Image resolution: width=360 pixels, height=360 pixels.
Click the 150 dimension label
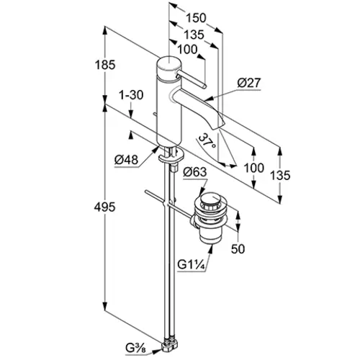(x=196, y=18)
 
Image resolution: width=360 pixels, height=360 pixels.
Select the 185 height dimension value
(x=105, y=65)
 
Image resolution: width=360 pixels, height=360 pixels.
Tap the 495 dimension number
(x=104, y=207)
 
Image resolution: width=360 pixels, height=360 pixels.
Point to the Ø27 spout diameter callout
(x=249, y=83)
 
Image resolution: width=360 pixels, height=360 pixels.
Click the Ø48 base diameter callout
(x=126, y=160)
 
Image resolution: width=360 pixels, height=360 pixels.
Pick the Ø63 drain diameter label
(x=194, y=172)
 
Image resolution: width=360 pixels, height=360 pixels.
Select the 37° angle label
(x=207, y=141)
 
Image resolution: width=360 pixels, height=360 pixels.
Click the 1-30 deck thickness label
(x=131, y=95)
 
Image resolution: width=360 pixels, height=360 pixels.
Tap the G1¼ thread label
(x=191, y=265)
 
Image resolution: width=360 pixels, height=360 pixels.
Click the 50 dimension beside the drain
(x=238, y=248)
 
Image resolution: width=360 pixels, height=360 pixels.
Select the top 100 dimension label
(x=187, y=50)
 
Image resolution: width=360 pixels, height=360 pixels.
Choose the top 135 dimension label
(x=194, y=35)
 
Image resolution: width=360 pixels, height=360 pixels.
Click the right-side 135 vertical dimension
(x=280, y=175)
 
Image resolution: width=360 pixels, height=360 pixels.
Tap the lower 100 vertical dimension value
(x=254, y=168)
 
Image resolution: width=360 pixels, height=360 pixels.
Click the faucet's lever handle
(x=191, y=79)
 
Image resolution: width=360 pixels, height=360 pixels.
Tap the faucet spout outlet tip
(x=221, y=125)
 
